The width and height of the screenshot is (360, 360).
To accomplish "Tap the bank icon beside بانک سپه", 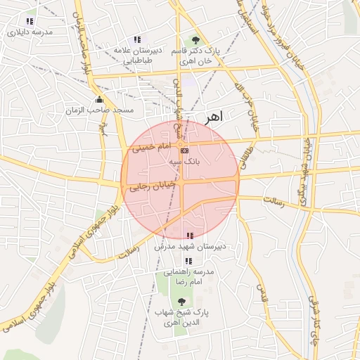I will [x=184, y=150].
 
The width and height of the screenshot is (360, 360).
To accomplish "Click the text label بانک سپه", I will [x=184, y=161].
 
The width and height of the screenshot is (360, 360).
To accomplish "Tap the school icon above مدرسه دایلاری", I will [x=29, y=22].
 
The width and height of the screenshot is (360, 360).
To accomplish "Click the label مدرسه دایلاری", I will [x=29, y=32].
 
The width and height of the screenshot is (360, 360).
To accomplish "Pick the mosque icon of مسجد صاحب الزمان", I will [x=99, y=100].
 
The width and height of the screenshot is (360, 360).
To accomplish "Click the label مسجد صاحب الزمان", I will [x=100, y=111].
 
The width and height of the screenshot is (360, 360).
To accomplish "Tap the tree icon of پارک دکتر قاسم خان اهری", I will [x=195, y=40].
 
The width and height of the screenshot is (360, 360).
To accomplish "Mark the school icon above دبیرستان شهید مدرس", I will [x=188, y=236].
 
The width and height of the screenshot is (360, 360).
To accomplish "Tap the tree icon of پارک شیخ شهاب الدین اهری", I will [x=182, y=301].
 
